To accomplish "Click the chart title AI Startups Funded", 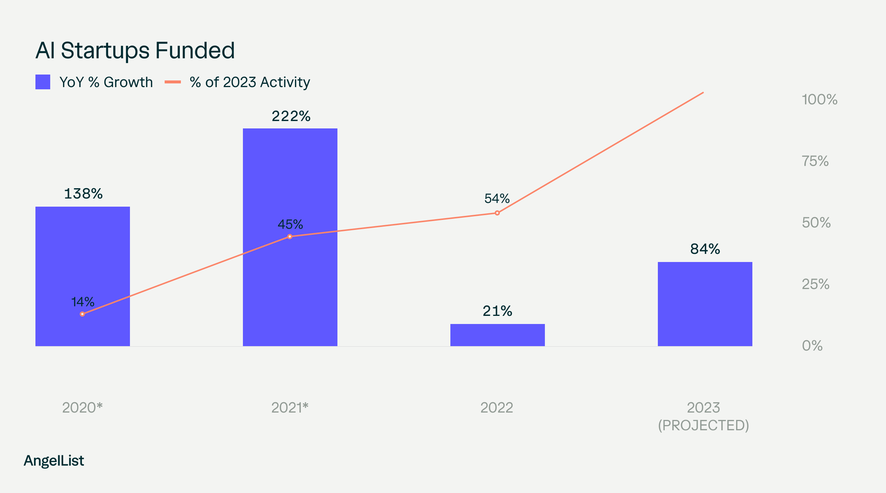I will (135, 51).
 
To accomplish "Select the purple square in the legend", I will (43, 82).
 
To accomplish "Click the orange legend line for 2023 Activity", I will (172, 82).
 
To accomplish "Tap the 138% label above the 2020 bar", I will (83, 194).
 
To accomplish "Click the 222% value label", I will (291, 117).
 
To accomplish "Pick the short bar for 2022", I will (497, 335).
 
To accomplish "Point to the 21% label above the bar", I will (497, 311).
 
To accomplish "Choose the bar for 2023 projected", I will (705, 304).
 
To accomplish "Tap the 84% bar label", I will (705, 249).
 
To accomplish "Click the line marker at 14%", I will (82, 314).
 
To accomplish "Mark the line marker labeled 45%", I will (290, 237).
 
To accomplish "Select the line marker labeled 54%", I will (497, 213).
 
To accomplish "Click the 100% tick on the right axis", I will (819, 100).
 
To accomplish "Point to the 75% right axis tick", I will (815, 161).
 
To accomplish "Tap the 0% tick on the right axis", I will (812, 346).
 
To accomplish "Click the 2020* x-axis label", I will (82, 408).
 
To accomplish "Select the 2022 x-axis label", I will (497, 408).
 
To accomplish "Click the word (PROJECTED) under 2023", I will (704, 425).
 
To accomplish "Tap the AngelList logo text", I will (54, 461).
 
